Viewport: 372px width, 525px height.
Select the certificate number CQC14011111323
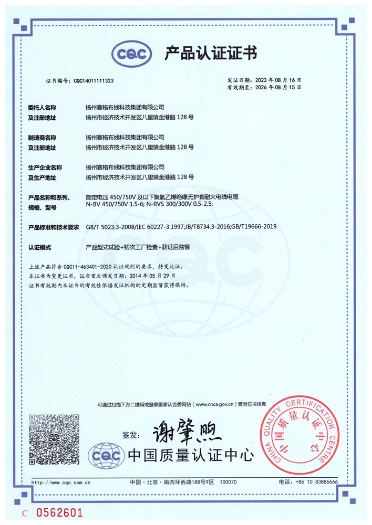point(94,81)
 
